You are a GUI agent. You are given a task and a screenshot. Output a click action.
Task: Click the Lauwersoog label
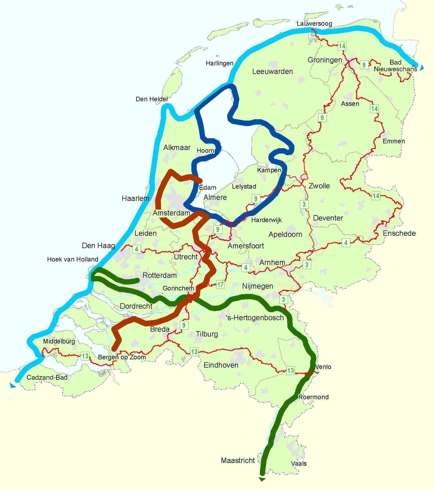314,24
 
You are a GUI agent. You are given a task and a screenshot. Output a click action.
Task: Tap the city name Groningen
325,60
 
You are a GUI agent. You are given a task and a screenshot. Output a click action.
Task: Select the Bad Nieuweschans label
395,66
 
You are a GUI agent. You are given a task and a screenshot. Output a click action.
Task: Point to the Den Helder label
152,99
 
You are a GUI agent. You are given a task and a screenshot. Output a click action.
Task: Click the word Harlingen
219,63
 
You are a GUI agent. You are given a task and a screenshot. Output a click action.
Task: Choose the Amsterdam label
171,213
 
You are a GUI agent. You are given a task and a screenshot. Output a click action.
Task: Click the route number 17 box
220,284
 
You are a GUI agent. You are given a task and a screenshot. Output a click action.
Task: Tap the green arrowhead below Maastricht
262,479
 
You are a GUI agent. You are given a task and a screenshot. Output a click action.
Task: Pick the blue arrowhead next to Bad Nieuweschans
422,68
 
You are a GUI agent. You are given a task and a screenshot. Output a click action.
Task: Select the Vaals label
299,463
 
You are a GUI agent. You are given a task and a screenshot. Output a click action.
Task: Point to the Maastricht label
238,460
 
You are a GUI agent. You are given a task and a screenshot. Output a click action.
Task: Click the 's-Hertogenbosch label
255,318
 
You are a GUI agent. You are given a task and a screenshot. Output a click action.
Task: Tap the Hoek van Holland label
73,259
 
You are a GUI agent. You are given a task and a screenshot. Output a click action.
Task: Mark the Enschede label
399,233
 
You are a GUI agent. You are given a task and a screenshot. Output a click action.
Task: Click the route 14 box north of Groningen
342,46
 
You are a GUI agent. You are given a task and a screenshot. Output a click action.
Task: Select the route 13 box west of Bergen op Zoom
85,356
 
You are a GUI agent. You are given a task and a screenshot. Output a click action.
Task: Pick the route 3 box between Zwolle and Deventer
304,204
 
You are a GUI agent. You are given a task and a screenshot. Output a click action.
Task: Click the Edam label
208,188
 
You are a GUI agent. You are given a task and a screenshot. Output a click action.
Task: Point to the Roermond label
313,397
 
